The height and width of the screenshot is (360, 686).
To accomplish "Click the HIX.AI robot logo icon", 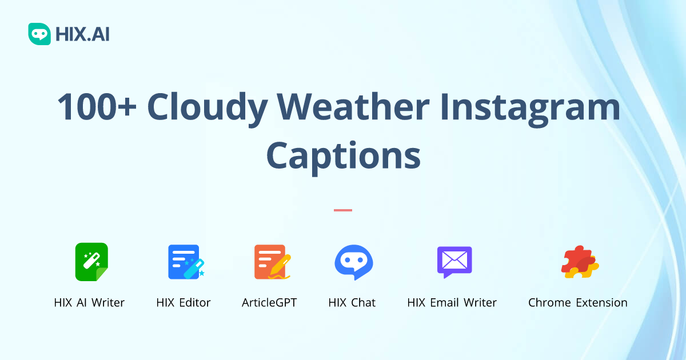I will (39, 34).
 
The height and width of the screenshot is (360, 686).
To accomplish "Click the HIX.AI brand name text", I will (82, 34).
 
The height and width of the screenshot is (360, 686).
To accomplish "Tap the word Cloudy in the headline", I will (207, 107).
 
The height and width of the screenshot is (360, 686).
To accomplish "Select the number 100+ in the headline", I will (97, 107).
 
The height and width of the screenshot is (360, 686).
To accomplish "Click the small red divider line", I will (343, 210).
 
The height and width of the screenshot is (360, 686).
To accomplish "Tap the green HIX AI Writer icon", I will (91, 262).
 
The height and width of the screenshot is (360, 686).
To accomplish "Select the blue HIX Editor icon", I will (185, 262).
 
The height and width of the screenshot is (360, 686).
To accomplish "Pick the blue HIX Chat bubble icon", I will (353, 262).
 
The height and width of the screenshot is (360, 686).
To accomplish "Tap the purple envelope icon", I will (454, 262).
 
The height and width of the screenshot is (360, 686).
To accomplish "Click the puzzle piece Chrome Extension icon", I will (579, 262).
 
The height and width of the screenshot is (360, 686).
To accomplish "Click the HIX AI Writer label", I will (89, 303).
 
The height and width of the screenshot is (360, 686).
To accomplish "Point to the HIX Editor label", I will (184, 303).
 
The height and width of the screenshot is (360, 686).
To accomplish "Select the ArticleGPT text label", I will (269, 303).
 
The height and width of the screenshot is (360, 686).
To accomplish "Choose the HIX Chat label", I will (352, 303).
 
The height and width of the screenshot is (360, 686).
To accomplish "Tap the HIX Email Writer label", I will (452, 303).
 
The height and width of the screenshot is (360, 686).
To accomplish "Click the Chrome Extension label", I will (577, 303).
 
